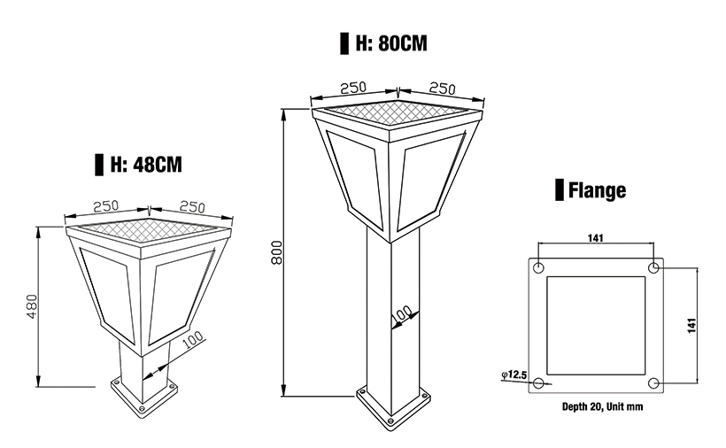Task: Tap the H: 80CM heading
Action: (390, 43)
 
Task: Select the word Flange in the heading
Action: (597, 189)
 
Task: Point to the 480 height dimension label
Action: (32, 305)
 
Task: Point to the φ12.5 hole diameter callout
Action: (514, 376)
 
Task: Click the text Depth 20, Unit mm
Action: (597, 407)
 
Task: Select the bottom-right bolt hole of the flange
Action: (653, 383)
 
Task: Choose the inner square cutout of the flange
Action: (597, 326)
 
